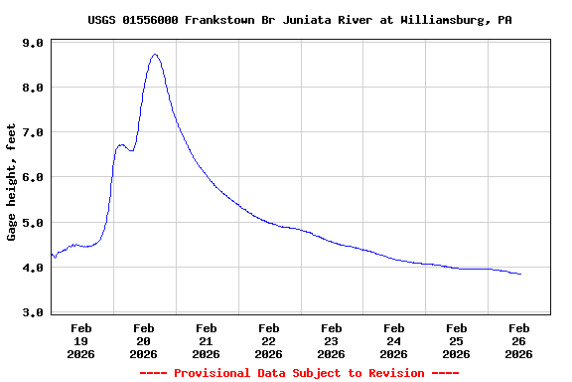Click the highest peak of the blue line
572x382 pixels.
pos(155,55)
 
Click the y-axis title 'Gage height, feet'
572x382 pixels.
pos(12,182)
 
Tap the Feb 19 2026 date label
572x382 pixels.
pos(81,340)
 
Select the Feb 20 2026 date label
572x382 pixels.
pos(144,340)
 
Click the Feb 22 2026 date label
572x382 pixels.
pos(269,340)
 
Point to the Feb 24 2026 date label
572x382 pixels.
pos(394,340)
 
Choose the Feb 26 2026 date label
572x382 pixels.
pos(519,340)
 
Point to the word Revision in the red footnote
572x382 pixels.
pos(396,373)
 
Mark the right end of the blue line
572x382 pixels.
pos(520,274)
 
